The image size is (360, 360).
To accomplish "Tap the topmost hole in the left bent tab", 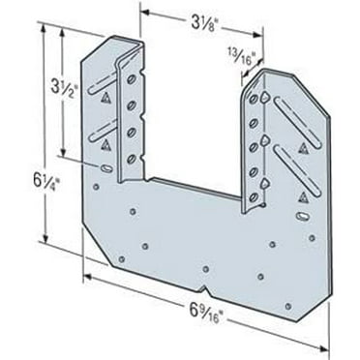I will click(129, 80).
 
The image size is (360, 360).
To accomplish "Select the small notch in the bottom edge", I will click(206, 270).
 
